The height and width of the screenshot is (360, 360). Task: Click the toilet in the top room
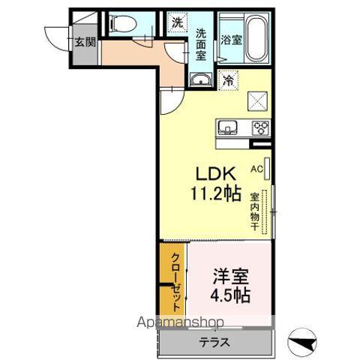point(123,24)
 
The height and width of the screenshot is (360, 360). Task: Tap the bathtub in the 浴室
point(257,39)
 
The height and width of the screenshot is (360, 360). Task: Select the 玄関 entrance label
point(85,42)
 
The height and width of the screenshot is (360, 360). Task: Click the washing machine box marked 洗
point(177,23)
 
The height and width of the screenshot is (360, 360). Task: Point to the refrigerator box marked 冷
point(228,80)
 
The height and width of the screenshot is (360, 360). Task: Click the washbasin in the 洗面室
point(201,79)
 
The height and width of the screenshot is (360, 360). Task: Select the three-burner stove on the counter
point(260,128)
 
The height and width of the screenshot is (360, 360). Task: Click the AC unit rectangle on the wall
point(267,169)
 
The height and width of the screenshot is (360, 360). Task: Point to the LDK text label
point(215,174)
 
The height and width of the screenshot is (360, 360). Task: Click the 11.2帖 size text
point(216,193)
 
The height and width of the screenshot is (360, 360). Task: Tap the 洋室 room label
point(230,277)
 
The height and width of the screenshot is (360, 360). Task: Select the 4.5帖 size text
point(230,295)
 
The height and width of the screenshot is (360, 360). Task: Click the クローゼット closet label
point(176,282)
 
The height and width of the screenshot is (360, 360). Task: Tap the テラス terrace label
point(214,342)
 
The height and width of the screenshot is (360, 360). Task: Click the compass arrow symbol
point(301,342)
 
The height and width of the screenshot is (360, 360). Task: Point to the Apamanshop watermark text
point(180,322)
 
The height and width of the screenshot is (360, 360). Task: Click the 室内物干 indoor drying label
point(254,211)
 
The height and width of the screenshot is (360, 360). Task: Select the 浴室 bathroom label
point(231,40)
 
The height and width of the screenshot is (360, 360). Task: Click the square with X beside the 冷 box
point(257,101)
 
